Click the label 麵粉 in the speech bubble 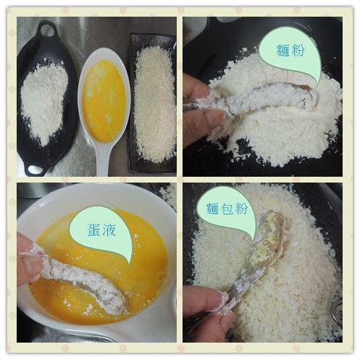point(290,51)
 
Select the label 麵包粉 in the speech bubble point(227,208)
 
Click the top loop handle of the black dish point(46,29)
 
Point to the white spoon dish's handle point(103,159)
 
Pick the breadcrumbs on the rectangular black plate point(154,104)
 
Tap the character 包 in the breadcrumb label point(227,208)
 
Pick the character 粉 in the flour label point(298,51)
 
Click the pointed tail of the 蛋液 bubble point(130,263)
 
